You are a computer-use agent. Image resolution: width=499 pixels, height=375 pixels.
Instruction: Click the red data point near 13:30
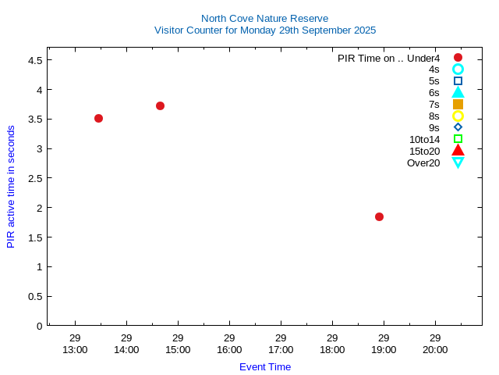[98, 118]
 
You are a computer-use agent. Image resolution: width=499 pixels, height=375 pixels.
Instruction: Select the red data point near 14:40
[160, 105]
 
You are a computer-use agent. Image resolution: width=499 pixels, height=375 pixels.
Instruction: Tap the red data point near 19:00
[379, 216]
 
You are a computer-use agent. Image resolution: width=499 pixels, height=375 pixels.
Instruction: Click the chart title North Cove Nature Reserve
[264, 18]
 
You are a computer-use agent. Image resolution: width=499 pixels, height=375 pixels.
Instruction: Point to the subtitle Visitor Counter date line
[264, 30]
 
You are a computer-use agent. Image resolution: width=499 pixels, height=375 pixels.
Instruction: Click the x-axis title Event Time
[264, 366]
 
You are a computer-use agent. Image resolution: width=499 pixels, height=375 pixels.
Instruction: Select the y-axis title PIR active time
[11, 187]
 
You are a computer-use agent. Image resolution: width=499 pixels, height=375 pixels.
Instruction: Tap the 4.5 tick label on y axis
[34, 60]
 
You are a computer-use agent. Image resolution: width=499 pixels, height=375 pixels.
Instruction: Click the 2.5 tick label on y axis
[34, 178]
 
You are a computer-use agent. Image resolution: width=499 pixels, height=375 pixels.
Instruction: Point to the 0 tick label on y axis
[39, 326]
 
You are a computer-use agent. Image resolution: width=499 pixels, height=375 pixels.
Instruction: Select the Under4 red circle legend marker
[458, 58]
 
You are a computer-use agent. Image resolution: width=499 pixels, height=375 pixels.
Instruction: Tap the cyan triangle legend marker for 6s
[458, 92]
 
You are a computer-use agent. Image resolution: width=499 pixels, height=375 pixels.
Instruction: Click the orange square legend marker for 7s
[458, 104]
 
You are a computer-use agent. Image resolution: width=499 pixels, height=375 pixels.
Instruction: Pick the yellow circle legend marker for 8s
[458, 116]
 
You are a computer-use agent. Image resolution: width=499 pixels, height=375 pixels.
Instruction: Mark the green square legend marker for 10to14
[458, 139]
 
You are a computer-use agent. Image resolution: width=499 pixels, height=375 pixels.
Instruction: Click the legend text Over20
[423, 162]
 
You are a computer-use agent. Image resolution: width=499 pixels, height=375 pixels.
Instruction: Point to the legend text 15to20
[424, 151]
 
